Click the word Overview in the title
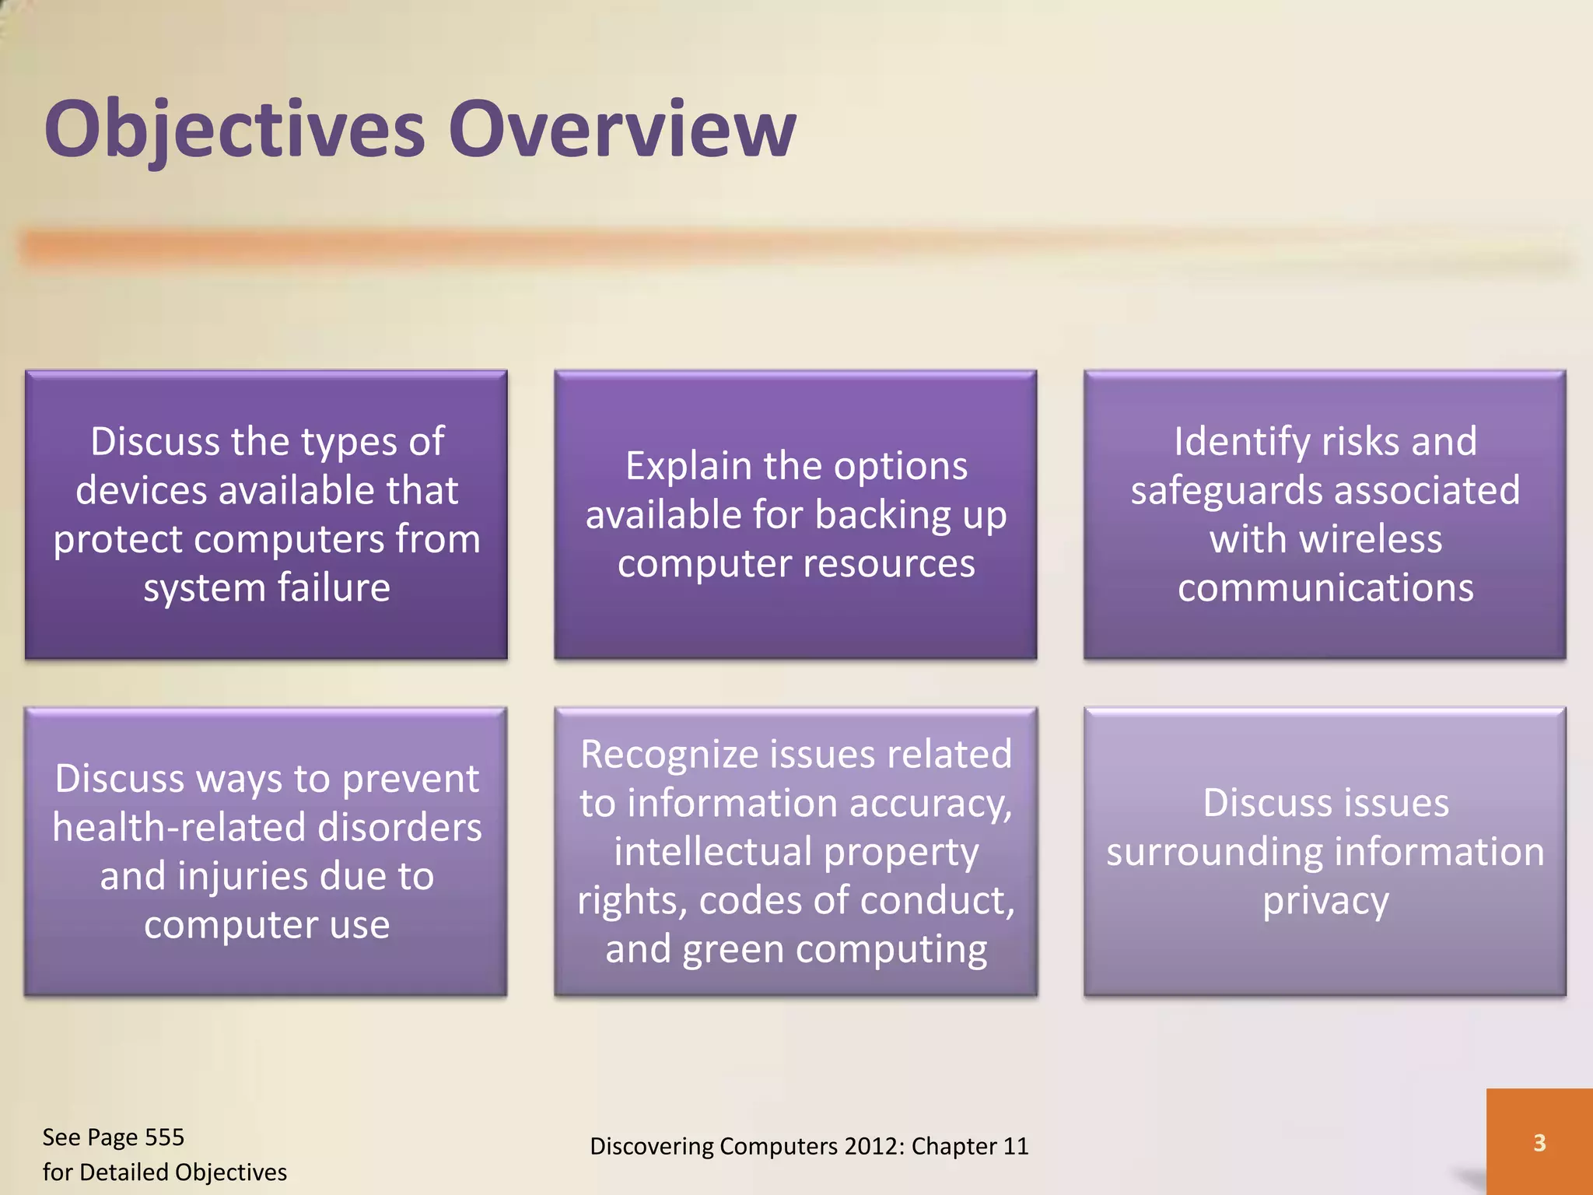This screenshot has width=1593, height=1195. [x=621, y=129]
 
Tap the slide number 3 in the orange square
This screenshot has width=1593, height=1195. [x=1539, y=1143]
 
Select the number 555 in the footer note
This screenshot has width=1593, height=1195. [x=164, y=1137]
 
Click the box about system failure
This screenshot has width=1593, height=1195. [x=266, y=514]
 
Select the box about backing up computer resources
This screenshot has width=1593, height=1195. [x=795, y=514]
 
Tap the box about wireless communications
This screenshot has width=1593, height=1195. [x=1324, y=514]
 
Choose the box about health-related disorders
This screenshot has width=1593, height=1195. [x=266, y=851]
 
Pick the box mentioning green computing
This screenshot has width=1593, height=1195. [x=795, y=851]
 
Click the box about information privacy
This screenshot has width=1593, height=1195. [x=1324, y=851]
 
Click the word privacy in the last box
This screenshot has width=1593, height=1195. [x=1325, y=902]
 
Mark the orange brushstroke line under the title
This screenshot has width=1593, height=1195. [x=778, y=247]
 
